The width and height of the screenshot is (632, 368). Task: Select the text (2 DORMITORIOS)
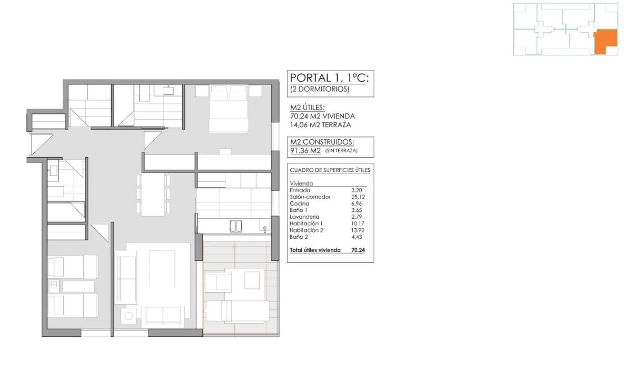pos(320,89)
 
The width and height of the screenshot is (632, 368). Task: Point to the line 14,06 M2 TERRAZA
pos(320,125)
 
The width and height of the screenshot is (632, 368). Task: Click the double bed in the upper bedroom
pos(229,108)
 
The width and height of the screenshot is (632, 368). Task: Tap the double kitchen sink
pos(235,227)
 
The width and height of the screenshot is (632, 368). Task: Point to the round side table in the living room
pos(129,316)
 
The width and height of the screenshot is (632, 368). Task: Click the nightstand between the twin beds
pos(54,286)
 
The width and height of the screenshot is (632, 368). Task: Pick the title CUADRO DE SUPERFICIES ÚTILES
pos(330,170)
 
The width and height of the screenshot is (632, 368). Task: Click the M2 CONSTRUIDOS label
pos(322,141)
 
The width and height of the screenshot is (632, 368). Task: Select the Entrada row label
pos(300,190)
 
